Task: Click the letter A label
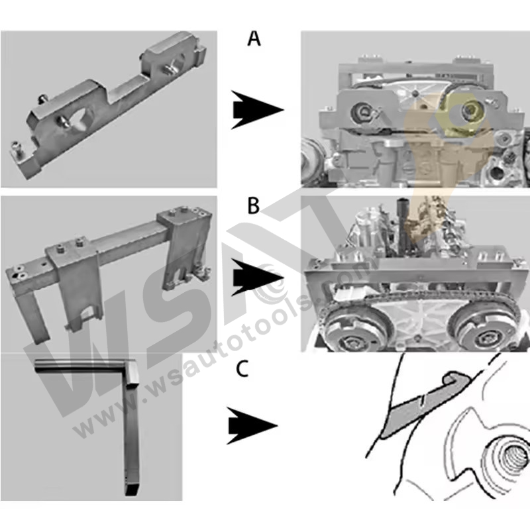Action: click(254, 39)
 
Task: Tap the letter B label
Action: click(254, 207)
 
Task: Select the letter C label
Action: click(242, 369)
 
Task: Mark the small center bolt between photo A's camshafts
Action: click(415, 93)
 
